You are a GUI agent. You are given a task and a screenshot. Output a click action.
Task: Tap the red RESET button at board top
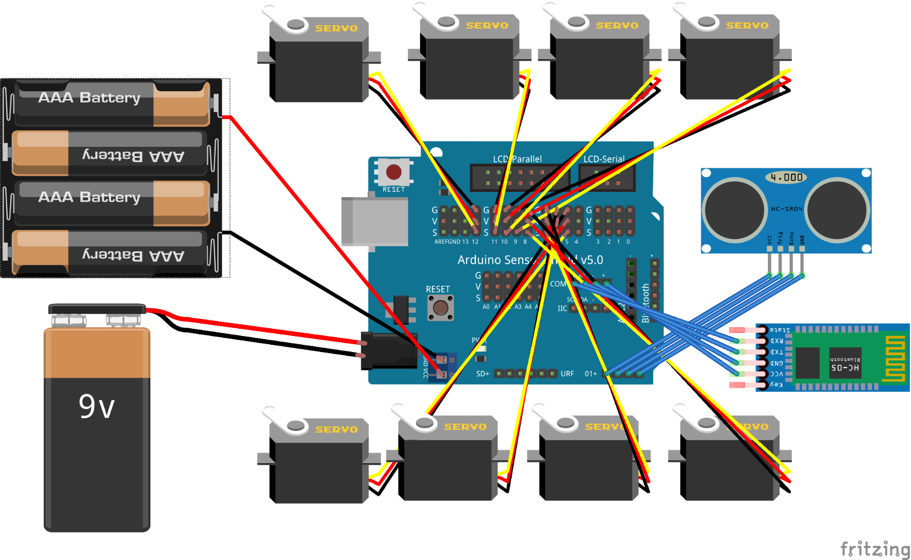point(394,172)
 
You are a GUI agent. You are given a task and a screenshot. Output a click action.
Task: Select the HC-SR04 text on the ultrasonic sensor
point(786,209)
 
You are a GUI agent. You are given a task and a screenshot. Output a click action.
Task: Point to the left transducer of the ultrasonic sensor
point(734,209)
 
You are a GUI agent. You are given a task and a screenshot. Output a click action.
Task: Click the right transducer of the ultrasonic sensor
point(837,209)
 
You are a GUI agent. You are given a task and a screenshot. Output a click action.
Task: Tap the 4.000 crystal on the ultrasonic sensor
point(786,177)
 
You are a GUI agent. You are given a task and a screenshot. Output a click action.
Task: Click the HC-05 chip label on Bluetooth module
point(845,368)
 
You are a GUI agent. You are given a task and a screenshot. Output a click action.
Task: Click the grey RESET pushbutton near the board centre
point(441,308)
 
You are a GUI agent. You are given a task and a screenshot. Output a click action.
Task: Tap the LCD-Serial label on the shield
point(604,159)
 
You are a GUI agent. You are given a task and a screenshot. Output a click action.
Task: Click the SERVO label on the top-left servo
point(337,28)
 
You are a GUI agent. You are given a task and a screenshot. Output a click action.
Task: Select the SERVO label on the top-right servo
point(747,25)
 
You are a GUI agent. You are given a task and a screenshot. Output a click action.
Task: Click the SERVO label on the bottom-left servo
point(337,429)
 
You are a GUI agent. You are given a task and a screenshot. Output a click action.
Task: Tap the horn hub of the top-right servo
point(706,21)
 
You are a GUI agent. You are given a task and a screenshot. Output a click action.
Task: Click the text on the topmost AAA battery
point(89,97)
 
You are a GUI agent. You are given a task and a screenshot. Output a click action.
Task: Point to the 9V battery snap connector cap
point(97,309)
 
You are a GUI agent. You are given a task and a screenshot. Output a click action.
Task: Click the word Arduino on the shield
point(480,260)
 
